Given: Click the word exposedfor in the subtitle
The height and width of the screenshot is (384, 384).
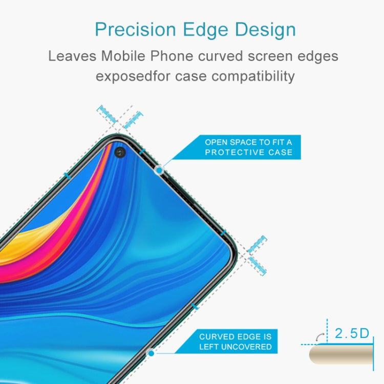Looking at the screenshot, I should coord(135,76).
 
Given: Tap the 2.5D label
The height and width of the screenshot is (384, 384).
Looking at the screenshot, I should coord(352,334).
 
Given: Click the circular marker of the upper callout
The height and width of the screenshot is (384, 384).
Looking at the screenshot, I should coord(159,169).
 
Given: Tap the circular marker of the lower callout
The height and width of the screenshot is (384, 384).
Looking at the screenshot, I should coord(151,353).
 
